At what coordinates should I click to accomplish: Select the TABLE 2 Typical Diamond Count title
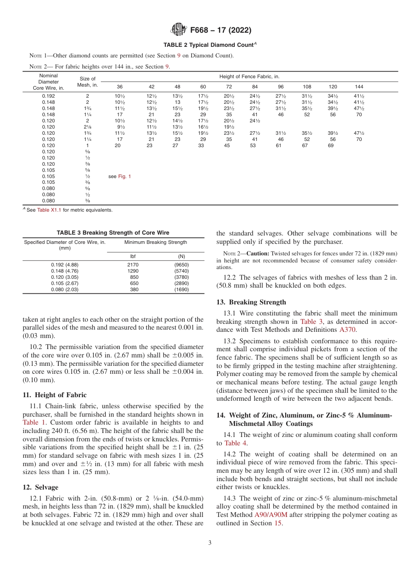[210, 45]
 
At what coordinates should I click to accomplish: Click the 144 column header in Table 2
[359, 87]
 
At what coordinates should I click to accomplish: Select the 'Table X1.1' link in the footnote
[50, 210]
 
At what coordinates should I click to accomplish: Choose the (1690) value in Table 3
[181, 290]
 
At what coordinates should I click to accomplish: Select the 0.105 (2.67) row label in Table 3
[65, 284]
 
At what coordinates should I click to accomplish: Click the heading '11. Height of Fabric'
[54, 395]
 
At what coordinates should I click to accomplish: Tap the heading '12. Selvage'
[40, 487]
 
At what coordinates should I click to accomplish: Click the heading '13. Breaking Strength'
[251, 302]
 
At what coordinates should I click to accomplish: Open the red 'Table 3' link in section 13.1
[308, 322]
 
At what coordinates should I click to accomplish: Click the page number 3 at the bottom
[210, 543]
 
